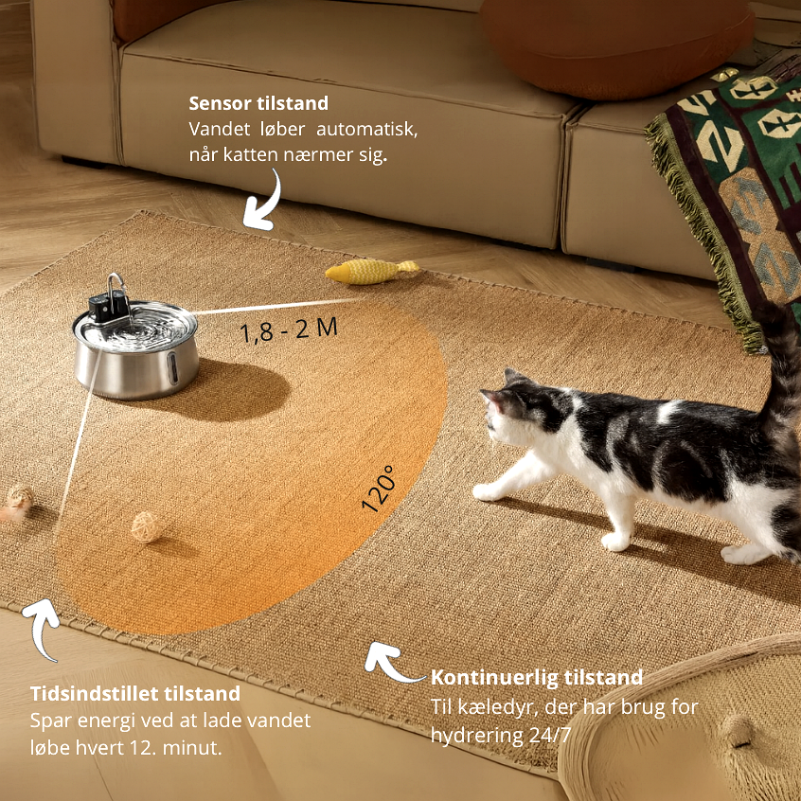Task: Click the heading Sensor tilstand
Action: pos(258,103)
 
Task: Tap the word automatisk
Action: pos(366,129)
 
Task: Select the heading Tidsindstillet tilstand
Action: pos(134,693)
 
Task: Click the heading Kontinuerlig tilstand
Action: pos(537,677)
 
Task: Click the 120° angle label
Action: pos(379,489)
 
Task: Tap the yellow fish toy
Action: pos(372,271)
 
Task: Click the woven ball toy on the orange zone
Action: pos(147,526)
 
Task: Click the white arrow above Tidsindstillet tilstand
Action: pos(43,626)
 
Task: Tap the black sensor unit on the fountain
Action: pos(107,306)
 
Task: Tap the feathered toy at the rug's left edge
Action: pos(17,503)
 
